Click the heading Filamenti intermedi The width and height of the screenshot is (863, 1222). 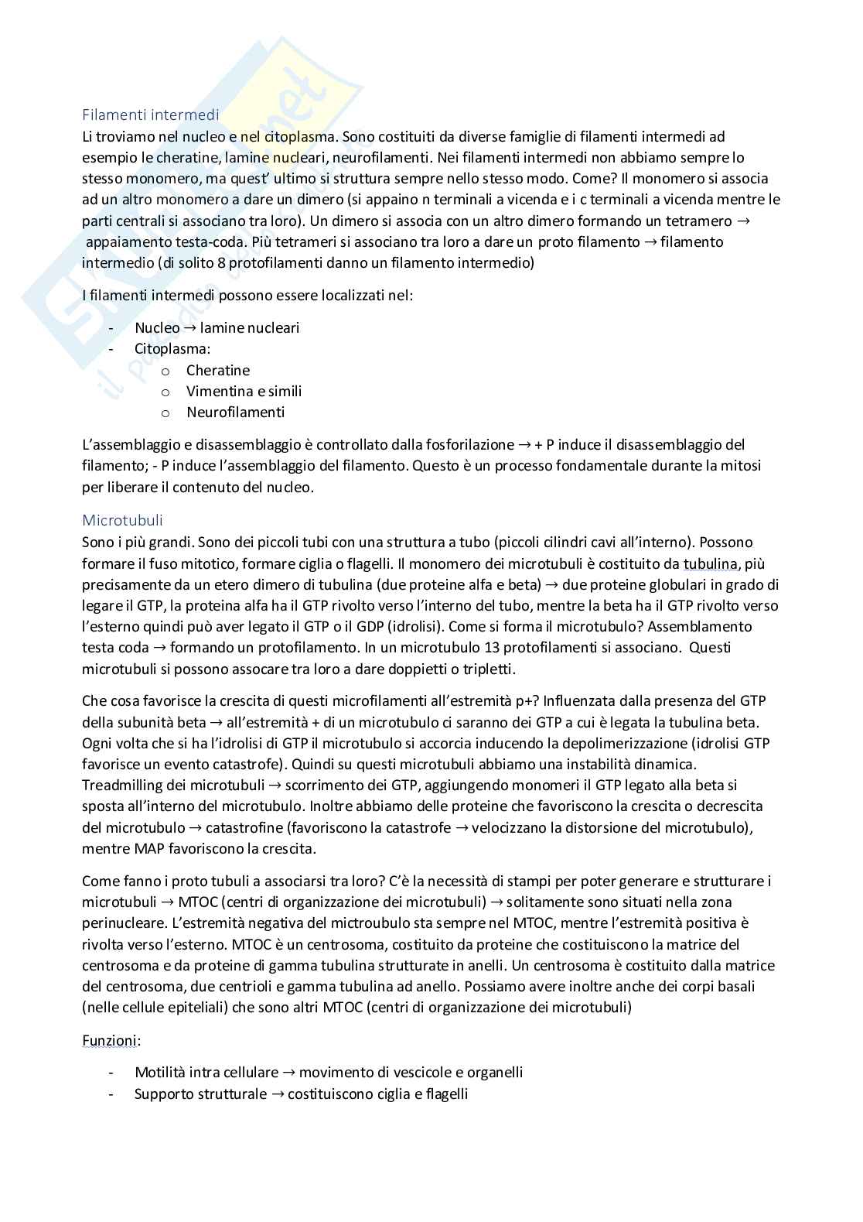coord(150,115)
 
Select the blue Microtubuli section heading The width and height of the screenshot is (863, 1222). coord(122,521)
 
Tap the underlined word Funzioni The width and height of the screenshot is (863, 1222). coord(109,1040)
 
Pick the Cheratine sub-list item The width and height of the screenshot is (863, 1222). coord(217,371)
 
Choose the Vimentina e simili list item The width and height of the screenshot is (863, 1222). coord(244,392)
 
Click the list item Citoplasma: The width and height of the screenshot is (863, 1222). coord(172,349)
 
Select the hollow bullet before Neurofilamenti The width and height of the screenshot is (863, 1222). coord(165,413)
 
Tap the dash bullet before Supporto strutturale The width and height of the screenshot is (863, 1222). coord(113,1094)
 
